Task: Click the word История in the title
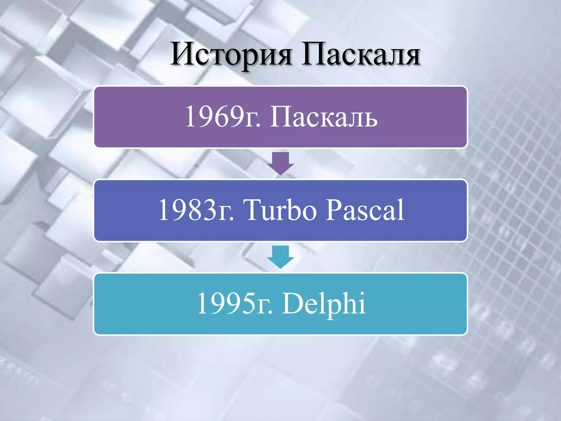[231, 55]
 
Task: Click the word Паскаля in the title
[361, 55]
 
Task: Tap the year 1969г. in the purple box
[223, 117]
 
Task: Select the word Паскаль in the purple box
[324, 117]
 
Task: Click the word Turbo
[280, 210]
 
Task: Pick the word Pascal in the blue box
[365, 210]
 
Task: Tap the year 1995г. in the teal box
[235, 303]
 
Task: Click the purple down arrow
[280, 163]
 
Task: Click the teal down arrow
[280, 257]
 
